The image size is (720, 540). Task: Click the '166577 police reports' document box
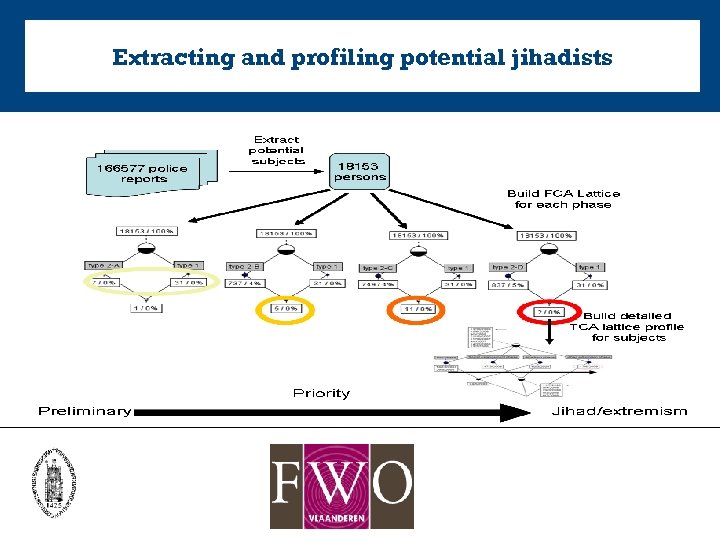point(141,173)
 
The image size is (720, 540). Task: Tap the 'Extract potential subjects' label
point(277,150)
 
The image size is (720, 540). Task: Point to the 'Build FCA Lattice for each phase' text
point(563,198)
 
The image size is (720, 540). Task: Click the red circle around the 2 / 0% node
point(548,311)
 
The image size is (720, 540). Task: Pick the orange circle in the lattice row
point(417,310)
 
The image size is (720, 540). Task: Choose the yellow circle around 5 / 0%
point(286,310)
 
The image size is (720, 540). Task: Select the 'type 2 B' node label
point(246,267)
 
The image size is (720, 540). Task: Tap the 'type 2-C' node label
point(377,268)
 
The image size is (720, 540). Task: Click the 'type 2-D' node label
point(508,267)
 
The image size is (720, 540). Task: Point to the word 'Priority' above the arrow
point(321,393)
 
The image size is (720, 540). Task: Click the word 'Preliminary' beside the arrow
point(84,411)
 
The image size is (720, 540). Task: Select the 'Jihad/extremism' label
point(620,411)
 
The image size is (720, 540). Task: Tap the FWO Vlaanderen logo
point(341,486)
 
